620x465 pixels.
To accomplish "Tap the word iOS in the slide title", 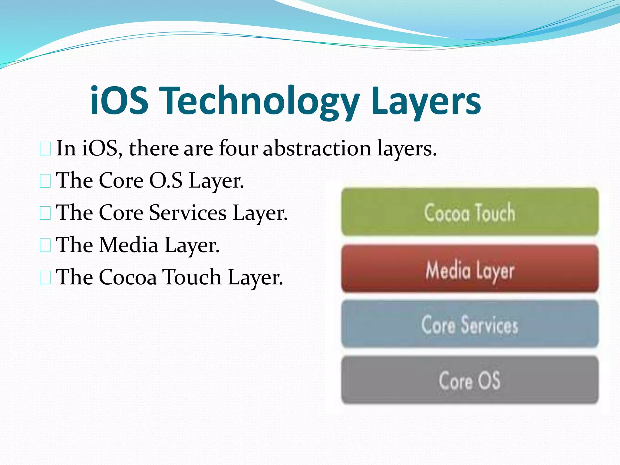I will point(119,101).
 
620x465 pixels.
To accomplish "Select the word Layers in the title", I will point(426,101).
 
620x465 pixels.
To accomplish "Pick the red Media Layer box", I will point(470,269).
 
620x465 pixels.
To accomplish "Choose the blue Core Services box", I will point(470,324).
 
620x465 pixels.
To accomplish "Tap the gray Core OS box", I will point(470,380).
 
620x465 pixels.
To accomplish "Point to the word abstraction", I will point(317,148).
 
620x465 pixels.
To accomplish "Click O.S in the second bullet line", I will point(166,181).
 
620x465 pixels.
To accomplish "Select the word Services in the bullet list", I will point(188,213).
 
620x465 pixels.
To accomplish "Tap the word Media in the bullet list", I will point(129,245).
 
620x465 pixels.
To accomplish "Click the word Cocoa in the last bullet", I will point(128,277).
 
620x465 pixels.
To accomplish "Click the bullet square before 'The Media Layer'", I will point(45,246).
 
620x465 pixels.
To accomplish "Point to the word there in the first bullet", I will point(154,148).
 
